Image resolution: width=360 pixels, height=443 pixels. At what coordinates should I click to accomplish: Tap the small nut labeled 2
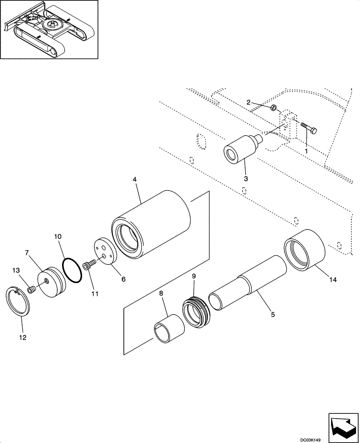274,107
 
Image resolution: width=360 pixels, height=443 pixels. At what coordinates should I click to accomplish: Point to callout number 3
246,179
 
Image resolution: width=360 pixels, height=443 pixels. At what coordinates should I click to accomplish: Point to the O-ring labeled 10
73,270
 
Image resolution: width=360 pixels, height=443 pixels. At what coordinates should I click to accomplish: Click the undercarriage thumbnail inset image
49,30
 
